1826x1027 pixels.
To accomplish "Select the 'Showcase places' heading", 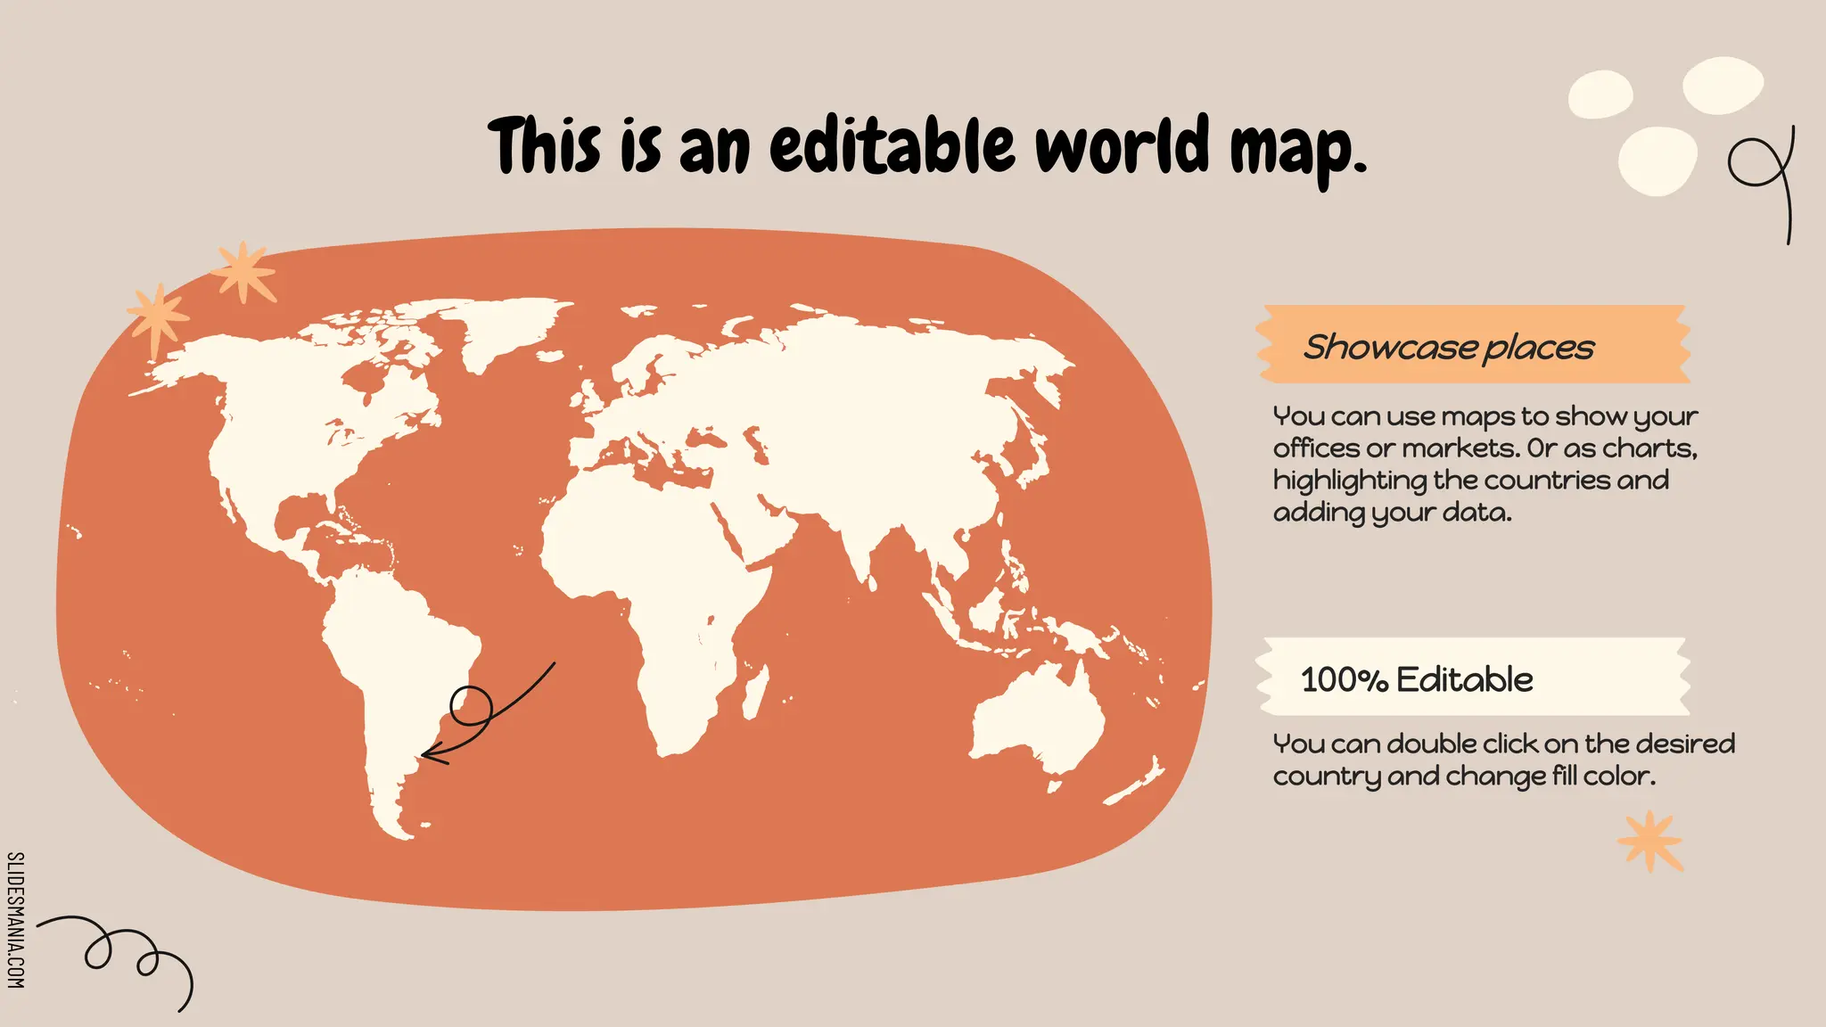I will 1448,347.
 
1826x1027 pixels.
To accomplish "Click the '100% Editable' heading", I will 1416,679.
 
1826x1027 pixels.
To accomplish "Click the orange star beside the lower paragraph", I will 1649,841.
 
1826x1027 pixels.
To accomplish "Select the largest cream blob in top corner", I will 1723,86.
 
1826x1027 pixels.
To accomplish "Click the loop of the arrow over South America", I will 471,706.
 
